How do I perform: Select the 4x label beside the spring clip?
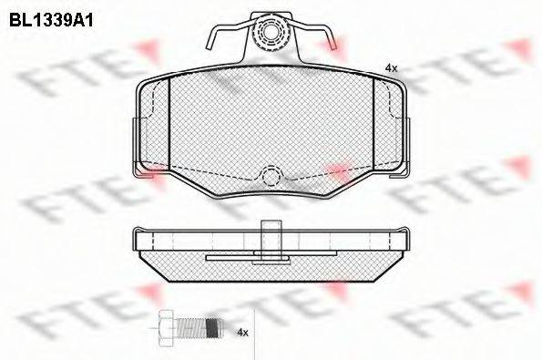pos(392,68)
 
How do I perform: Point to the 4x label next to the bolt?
pos(242,334)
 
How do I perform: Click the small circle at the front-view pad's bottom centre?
pos(271,177)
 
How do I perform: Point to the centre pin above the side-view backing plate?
pos(271,232)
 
